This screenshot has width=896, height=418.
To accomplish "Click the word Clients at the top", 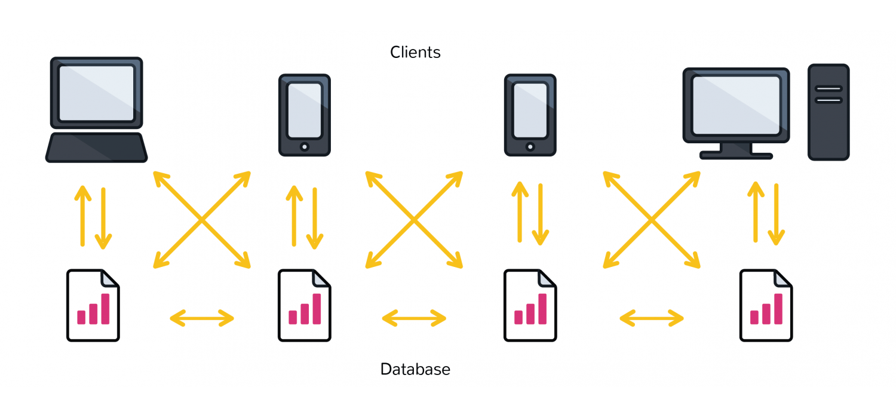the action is (415, 53).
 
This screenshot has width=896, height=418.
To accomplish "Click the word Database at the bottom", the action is (415, 369).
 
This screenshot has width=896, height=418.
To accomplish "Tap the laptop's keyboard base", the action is (96, 147).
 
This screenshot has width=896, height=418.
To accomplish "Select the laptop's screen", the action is (96, 93).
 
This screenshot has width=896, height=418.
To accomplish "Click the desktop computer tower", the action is (829, 112).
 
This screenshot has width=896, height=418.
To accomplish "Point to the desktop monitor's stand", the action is (736, 151).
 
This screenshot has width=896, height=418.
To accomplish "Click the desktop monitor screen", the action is (736, 106).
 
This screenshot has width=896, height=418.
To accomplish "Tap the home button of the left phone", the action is (305, 147).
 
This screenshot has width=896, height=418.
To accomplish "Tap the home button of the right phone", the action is (530, 147).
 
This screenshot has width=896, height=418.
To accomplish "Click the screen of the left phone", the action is (305, 110).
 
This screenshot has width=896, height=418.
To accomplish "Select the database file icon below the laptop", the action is (93, 305).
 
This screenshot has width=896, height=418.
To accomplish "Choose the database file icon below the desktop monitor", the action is (766, 305).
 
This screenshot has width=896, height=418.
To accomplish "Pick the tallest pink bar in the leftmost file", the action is (106, 309).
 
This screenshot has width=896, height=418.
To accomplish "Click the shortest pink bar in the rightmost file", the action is (754, 317).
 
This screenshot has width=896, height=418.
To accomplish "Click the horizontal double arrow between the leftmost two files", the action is (202, 318).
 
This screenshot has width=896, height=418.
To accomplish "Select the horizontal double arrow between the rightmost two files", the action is (652, 318).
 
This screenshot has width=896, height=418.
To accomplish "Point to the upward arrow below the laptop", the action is (83, 216).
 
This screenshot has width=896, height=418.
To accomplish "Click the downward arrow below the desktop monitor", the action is (777, 214).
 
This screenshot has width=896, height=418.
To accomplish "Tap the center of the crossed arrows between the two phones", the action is (414, 220).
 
